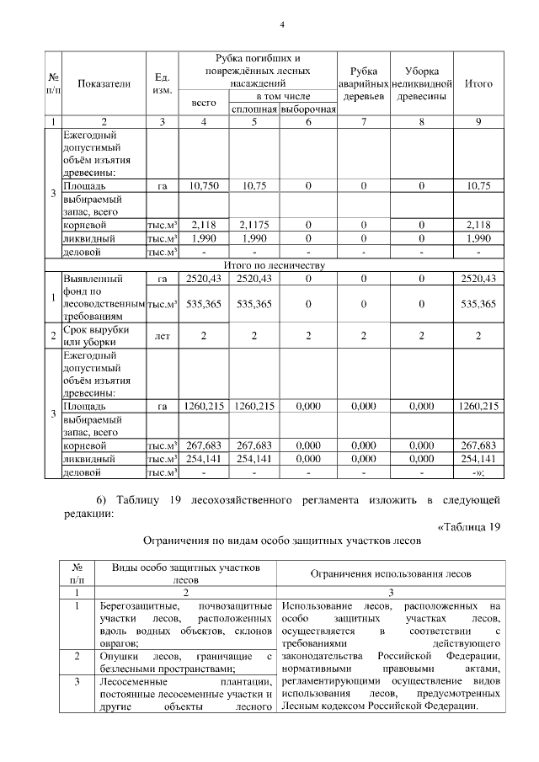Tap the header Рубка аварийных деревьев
pos(363,84)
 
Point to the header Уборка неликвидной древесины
pos(423,84)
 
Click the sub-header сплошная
pos(254,109)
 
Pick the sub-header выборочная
pos(307,109)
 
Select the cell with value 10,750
pos(205,185)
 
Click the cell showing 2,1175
pos(254,225)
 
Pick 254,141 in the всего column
pos(205,459)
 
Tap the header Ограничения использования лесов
pos(391,573)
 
